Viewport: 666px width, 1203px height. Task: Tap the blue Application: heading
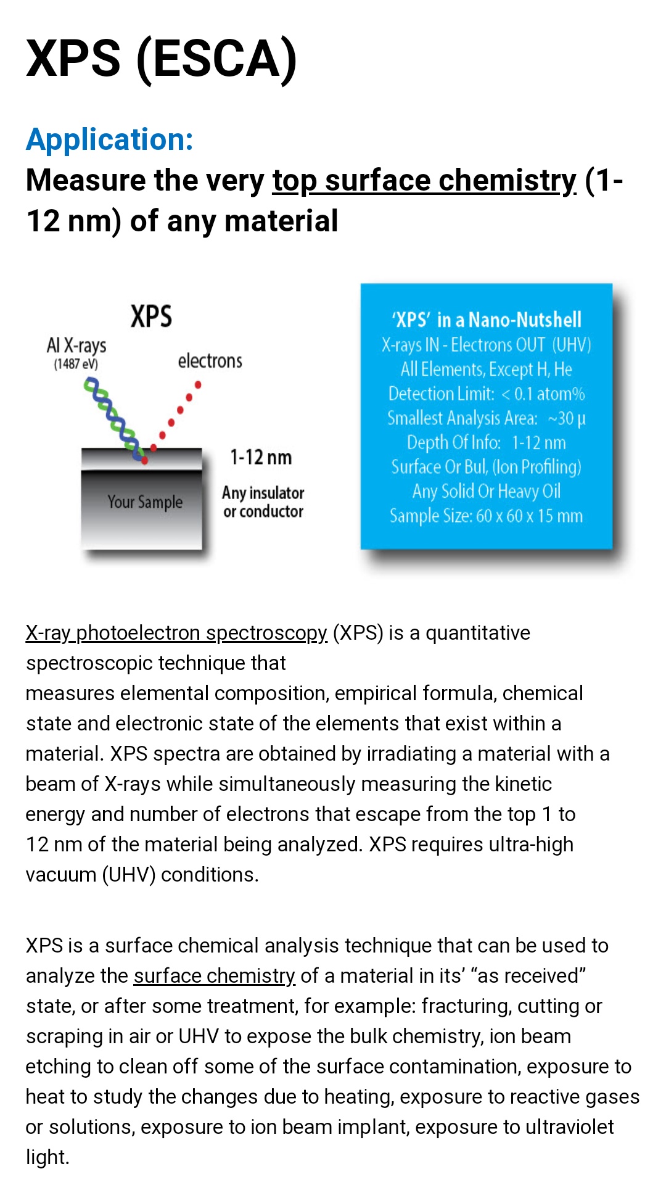[x=110, y=139]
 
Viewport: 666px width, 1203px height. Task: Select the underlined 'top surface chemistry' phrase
[x=424, y=181]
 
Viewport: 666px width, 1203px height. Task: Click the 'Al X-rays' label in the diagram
[x=76, y=345]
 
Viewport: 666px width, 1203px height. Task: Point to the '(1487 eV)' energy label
[x=76, y=364]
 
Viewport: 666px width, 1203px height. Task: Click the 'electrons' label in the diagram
[x=210, y=361]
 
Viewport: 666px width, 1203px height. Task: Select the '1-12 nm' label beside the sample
[x=261, y=458]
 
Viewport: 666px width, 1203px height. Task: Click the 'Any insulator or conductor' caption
[x=263, y=502]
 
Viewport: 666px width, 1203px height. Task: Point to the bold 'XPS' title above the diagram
[x=151, y=316]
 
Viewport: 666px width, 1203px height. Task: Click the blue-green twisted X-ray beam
[x=113, y=420]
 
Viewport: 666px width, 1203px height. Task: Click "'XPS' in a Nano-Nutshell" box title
[x=487, y=320]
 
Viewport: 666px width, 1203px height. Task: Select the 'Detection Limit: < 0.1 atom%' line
[x=487, y=394]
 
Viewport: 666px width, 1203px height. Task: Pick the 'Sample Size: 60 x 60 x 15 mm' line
[x=487, y=516]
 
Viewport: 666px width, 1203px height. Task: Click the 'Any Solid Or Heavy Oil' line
[x=487, y=491]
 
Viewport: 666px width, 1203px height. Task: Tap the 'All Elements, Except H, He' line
[x=487, y=369]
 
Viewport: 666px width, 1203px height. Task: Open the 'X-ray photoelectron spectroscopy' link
[x=176, y=633]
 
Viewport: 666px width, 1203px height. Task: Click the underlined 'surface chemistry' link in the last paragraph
[x=215, y=976]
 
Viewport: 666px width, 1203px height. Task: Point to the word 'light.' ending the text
[x=47, y=1157]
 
